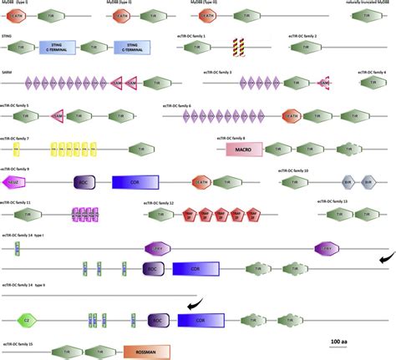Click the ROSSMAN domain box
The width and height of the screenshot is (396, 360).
[146, 352]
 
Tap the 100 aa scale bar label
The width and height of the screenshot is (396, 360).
[340, 342]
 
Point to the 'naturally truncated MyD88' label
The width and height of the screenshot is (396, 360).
[370, 3]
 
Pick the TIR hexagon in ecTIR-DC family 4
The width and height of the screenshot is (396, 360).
[370, 84]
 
